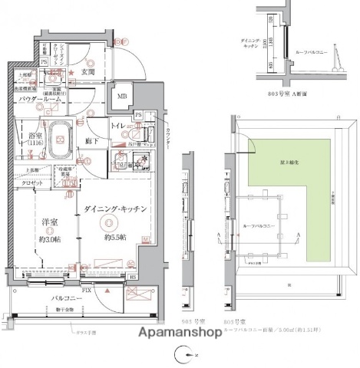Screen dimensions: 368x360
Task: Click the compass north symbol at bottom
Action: tap(181, 354)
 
